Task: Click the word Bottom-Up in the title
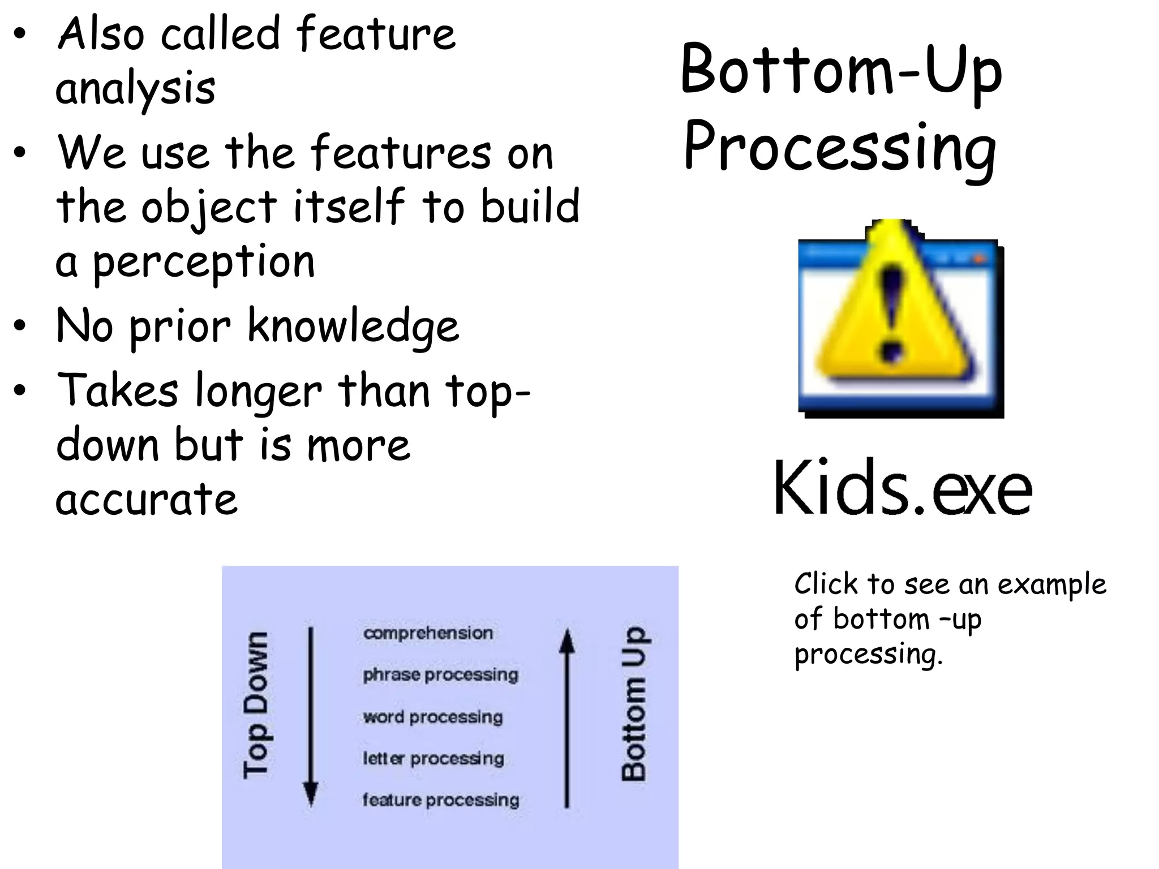coord(841,71)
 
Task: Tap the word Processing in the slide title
coord(840,148)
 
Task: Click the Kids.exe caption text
coord(903,488)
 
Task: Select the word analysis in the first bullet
coord(135,89)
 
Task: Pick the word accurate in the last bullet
coord(147,499)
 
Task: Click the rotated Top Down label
coord(255,705)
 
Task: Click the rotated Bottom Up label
coord(634,704)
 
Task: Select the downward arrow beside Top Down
coord(310,716)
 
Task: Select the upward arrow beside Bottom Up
coord(566,719)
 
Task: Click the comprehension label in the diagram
coord(428,633)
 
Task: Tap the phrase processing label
coord(440,674)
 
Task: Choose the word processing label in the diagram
coord(433,717)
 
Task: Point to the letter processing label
coord(433,758)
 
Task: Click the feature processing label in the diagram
coord(440,800)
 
